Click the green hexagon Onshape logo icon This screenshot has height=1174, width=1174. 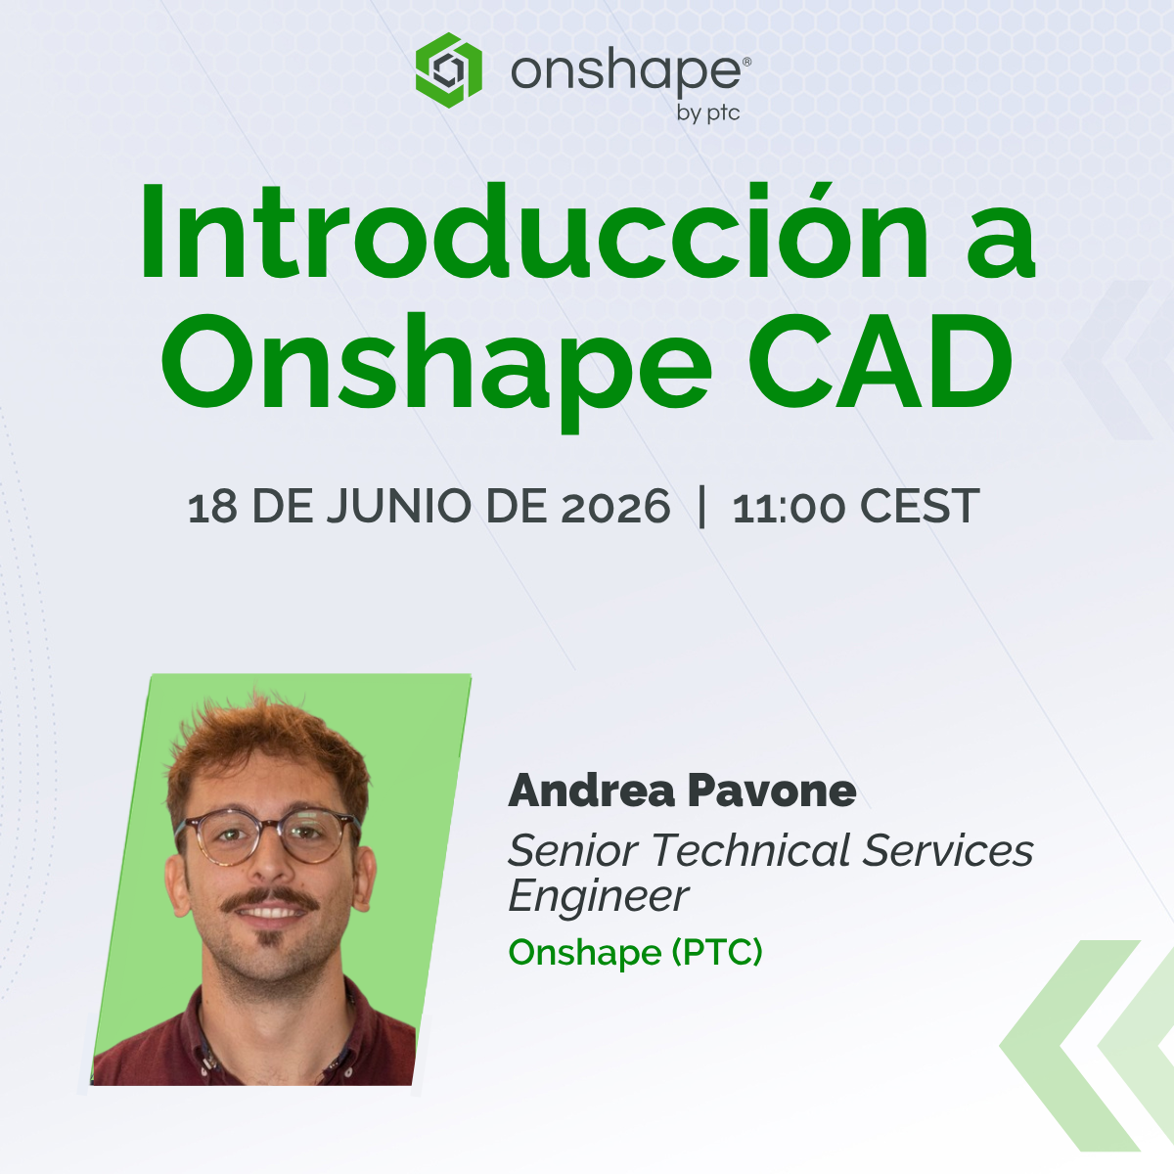[448, 70]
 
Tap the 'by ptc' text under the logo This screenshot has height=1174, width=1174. [708, 113]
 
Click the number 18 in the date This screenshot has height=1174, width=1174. [212, 506]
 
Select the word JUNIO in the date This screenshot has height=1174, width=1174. [399, 506]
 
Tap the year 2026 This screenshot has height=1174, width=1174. [615, 506]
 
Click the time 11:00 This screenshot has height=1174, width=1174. [790, 507]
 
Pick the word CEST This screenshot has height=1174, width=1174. [920, 506]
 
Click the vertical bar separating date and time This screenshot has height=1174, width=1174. [701, 506]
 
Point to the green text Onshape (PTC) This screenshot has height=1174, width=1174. [636, 952]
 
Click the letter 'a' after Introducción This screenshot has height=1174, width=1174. [1006, 249]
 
